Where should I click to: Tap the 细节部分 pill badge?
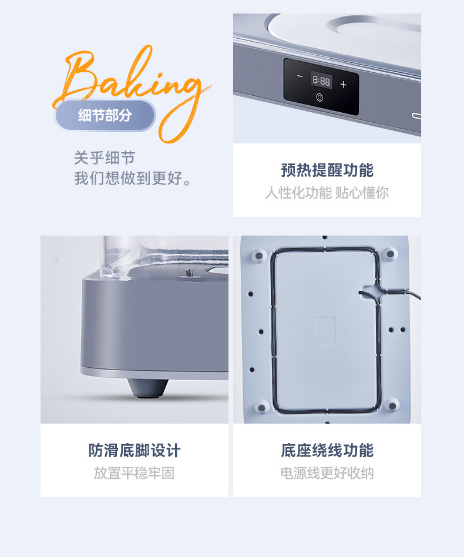[x=105, y=115]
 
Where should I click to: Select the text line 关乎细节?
[x=105, y=157]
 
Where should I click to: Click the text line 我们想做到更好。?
[x=133, y=178]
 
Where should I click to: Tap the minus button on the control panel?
[x=300, y=77]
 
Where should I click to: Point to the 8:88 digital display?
[x=321, y=80]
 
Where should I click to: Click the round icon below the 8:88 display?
[x=320, y=98]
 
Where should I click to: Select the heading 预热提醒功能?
[x=327, y=170]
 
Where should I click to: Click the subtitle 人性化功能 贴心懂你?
[x=327, y=193]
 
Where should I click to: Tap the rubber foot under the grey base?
[x=147, y=388]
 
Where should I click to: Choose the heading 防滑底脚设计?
[x=135, y=451]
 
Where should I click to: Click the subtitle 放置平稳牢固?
[x=135, y=473]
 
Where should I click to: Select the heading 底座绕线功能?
[x=327, y=451]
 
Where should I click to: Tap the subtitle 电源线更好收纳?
[x=327, y=473]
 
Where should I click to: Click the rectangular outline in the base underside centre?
[x=325, y=331]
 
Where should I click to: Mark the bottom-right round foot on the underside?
[x=391, y=404]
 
